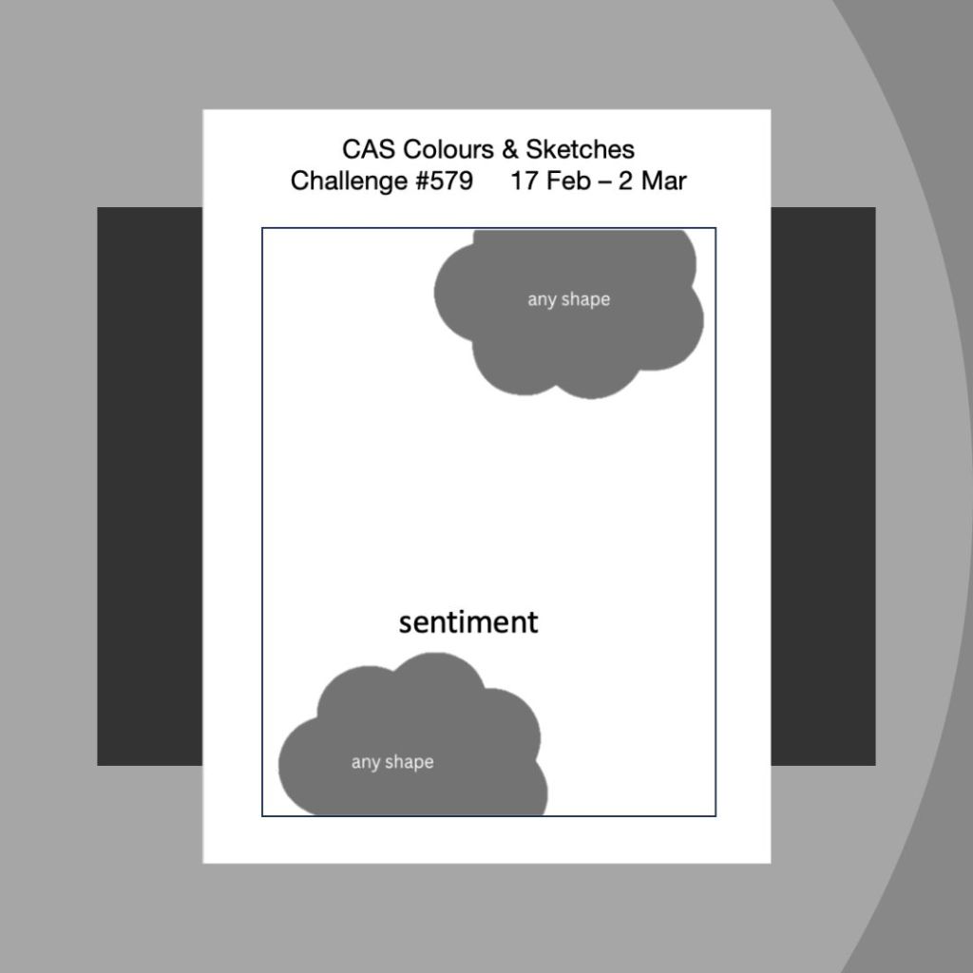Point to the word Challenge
click(x=348, y=181)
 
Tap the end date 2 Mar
click(x=652, y=181)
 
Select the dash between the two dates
click(x=604, y=181)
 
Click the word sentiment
click(x=468, y=622)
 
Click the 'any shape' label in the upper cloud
click(x=568, y=299)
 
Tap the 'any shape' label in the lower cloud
click(x=392, y=762)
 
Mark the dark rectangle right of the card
click(x=823, y=486)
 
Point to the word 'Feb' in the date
click(x=568, y=181)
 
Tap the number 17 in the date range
click(x=524, y=181)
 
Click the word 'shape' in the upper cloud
click(x=585, y=300)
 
